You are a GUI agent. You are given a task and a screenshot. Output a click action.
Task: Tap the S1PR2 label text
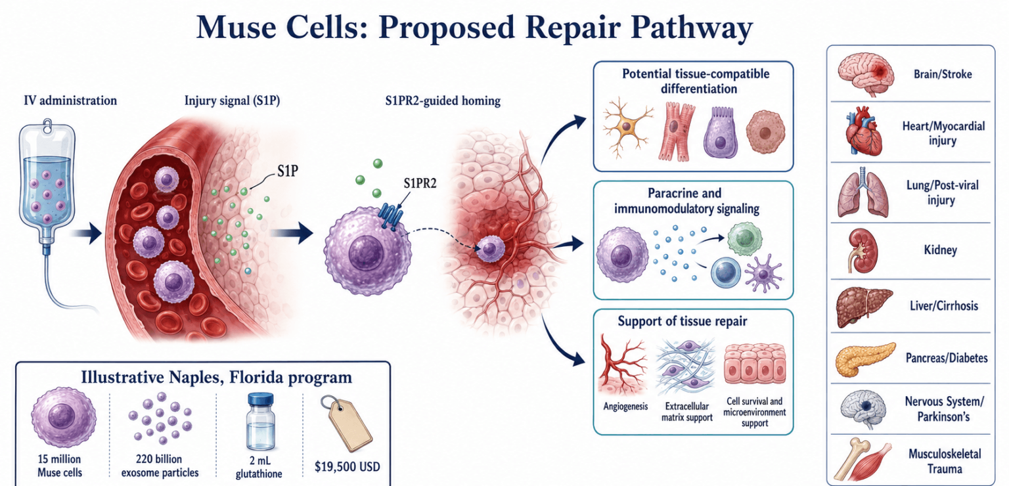[420, 183]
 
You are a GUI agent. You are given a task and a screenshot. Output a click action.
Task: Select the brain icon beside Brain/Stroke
[866, 74]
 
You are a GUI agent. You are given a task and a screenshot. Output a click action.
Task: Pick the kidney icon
[863, 250]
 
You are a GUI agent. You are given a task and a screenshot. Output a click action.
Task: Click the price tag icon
[346, 422]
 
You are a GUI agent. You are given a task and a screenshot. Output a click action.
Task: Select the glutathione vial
[260, 422]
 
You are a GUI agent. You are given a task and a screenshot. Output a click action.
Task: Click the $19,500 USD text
[348, 467]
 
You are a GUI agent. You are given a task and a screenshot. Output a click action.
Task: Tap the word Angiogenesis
[625, 407]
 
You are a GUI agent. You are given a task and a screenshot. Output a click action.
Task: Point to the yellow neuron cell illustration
[627, 127]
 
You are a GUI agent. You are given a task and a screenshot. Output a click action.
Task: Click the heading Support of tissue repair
[683, 321]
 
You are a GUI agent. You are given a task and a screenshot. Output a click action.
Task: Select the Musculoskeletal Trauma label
[945, 461]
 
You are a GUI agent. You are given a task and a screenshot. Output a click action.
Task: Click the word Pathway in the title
[692, 28]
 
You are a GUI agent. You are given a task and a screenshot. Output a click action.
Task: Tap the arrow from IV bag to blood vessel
[87, 234]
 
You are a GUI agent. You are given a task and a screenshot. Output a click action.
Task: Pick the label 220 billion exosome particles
[160, 466]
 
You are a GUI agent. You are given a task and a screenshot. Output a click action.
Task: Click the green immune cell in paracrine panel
[745, 238]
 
